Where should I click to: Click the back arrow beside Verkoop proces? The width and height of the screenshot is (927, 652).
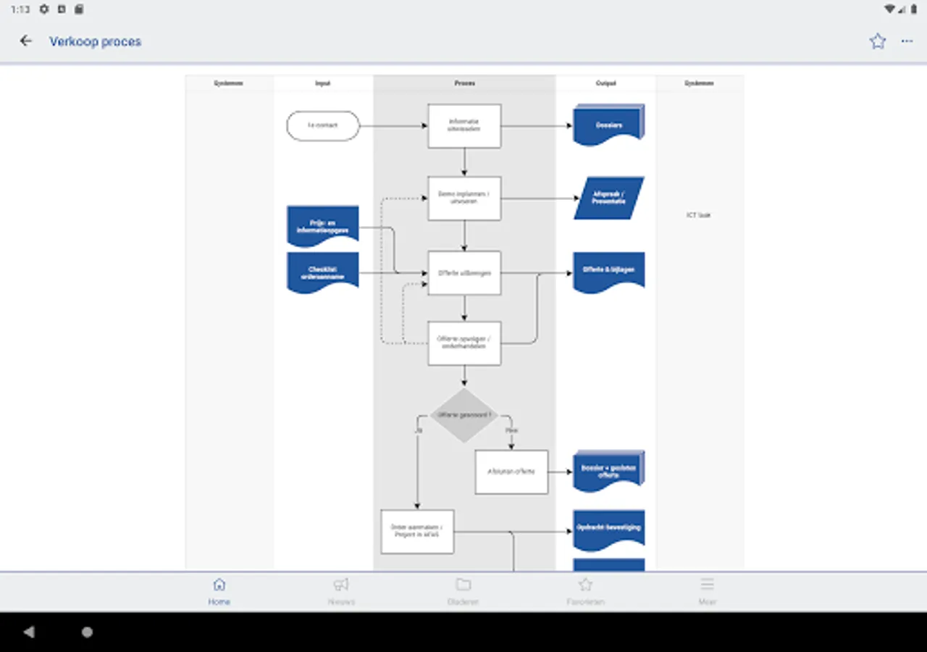click(26, 41)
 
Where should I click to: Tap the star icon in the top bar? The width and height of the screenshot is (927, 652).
click(878, 41)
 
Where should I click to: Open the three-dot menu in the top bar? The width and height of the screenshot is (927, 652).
click(907, 41)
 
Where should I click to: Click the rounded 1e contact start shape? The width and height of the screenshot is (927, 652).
click(323, 126)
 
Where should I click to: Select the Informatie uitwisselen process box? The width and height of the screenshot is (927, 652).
click(464, 126)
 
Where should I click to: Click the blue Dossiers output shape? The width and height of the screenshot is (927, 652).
click(609, 125)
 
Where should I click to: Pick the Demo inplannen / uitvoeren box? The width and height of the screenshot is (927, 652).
click(464, 198)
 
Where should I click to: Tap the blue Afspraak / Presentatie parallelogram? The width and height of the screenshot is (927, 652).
click(609, 198)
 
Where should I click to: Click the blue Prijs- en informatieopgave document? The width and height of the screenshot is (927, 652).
click(323, 226)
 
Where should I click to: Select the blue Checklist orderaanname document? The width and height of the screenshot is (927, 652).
click(323, 272)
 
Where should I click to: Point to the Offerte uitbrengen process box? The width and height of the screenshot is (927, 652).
click(464, 273)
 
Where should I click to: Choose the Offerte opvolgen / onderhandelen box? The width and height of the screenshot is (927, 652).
click(464, 343)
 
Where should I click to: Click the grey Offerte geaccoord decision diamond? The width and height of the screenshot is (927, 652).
click(464, 415)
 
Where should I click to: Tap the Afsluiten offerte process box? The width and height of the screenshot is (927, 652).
click(511, 472)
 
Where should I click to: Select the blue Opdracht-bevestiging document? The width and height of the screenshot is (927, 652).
click(609, 530)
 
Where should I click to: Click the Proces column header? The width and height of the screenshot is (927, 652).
click(464, 83)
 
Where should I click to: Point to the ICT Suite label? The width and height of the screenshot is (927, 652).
click(699, 215)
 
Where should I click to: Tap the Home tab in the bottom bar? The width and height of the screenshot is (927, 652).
click(219, 590)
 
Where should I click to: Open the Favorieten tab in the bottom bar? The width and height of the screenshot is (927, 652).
click(585, 590)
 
